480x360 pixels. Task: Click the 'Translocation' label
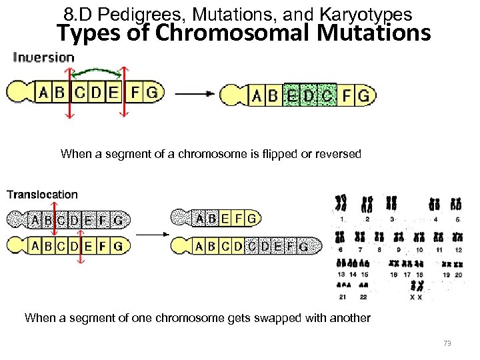click(x=42, y=195)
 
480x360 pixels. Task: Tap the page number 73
click(x=447, y=343)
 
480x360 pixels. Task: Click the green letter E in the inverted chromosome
click(x=291, y=96)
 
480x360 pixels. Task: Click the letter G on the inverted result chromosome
click(x=363, y=96)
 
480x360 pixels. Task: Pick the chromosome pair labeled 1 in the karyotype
click(x=342, y=204)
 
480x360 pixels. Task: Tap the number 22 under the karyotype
click(x=363, y=297)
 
